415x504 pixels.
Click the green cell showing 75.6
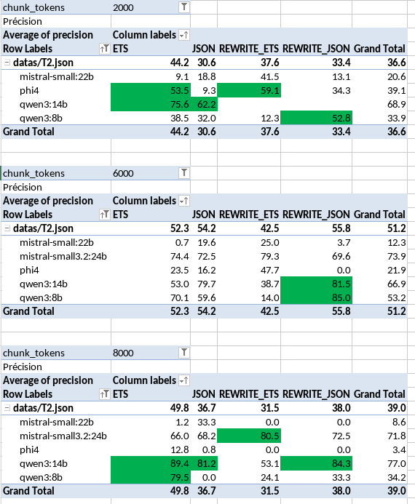151,104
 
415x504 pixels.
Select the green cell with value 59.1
249,90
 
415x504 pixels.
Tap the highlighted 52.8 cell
316,118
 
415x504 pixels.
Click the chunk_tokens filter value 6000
123,173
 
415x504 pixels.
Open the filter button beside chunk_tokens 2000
184,7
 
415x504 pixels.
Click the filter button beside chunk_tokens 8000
184,353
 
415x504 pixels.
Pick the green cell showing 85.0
316,297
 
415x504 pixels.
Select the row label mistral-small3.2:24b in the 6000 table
63,256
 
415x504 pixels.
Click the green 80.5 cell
249,436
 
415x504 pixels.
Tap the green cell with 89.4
151,463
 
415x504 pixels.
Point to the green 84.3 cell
316,463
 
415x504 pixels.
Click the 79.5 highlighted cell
151,477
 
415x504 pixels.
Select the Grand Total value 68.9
397,104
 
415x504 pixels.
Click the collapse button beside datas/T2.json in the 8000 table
7,408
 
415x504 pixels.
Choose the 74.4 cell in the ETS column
180,256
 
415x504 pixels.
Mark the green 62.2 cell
204,104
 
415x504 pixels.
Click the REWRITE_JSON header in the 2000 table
316,49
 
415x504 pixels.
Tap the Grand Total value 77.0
397,463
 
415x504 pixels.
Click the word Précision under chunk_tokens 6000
23,187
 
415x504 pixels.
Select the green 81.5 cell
316,284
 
